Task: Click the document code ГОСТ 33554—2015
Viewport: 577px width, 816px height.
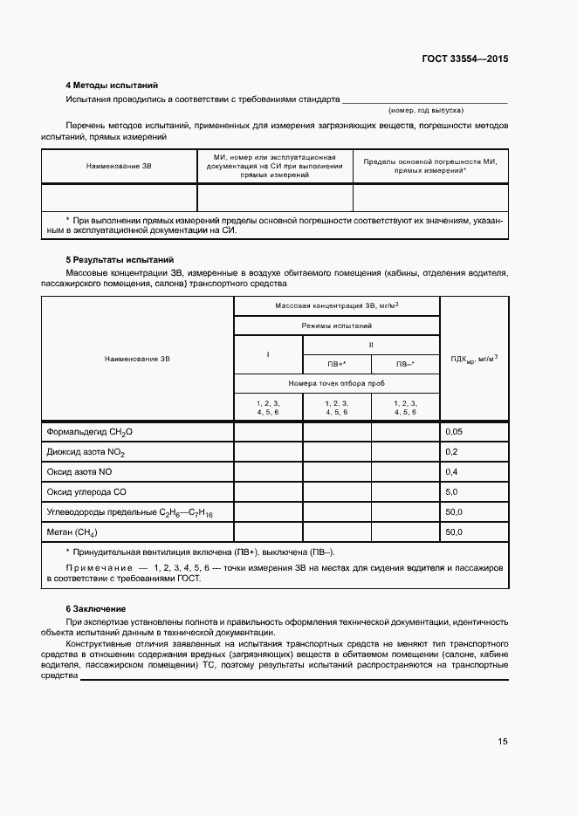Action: click(x=464, y=59)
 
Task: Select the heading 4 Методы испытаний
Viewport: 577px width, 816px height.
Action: click(x=112, y=86)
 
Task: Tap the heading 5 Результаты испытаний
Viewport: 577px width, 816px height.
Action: click(x=120, y=260)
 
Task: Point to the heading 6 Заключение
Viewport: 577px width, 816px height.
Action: click(x=96, y=607)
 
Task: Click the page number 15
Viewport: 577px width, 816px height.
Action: click(x=502, y=741)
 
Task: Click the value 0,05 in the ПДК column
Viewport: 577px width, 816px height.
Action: click(x=454, y=432)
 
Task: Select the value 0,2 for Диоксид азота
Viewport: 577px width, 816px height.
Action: click(x=451, y=452)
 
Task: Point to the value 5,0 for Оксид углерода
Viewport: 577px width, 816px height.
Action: click(x=451, y=491)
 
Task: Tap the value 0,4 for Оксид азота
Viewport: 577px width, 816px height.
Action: click(x=451, y=471)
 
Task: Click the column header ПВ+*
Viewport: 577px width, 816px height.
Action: click(x=336, y=364)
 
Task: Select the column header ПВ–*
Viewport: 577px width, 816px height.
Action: click(x=405, y=364)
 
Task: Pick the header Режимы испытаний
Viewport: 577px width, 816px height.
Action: click(x=336, y=325)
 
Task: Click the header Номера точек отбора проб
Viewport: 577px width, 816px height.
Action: click(x=336, y=384)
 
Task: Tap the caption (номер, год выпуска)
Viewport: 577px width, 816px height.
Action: click(x=426, y=111)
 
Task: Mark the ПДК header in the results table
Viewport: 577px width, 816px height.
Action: click(x=474, y=358)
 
